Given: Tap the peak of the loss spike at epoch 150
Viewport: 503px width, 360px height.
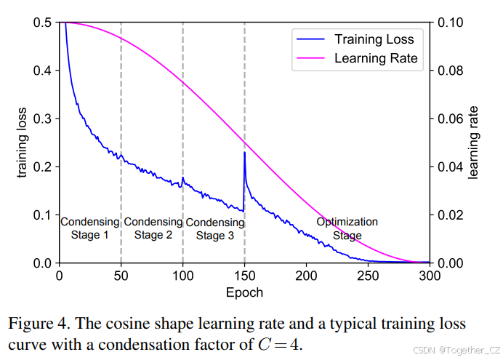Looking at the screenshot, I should pos(244,153).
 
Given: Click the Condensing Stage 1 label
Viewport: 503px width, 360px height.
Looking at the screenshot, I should pos(90,228).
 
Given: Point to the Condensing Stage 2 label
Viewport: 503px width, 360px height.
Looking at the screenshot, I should pos(153,228).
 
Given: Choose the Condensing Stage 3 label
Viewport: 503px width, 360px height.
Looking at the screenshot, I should pos(214,228).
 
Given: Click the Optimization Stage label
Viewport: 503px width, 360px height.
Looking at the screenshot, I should pos(347,228).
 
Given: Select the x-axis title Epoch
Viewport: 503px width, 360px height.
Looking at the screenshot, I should pos(244,292).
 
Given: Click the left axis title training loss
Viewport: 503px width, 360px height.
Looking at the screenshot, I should pos(23,143).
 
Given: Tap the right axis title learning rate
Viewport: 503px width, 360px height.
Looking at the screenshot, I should pos(473,143).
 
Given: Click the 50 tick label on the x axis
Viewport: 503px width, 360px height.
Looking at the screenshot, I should pos(121,276).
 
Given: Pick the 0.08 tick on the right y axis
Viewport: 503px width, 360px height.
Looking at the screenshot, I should pos(451,71).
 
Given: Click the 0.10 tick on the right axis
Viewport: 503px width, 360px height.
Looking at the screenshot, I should pos(451,23).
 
